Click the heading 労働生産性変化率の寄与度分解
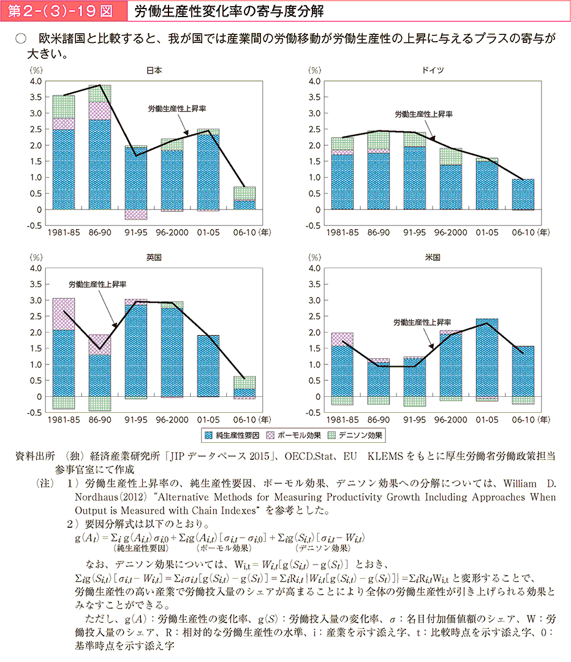227,11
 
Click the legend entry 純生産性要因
236,435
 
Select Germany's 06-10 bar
523,194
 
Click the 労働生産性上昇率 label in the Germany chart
423,114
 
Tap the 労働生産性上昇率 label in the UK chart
97,285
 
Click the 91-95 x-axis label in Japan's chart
135,233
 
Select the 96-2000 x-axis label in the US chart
451,420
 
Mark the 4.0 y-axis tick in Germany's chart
315,81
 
